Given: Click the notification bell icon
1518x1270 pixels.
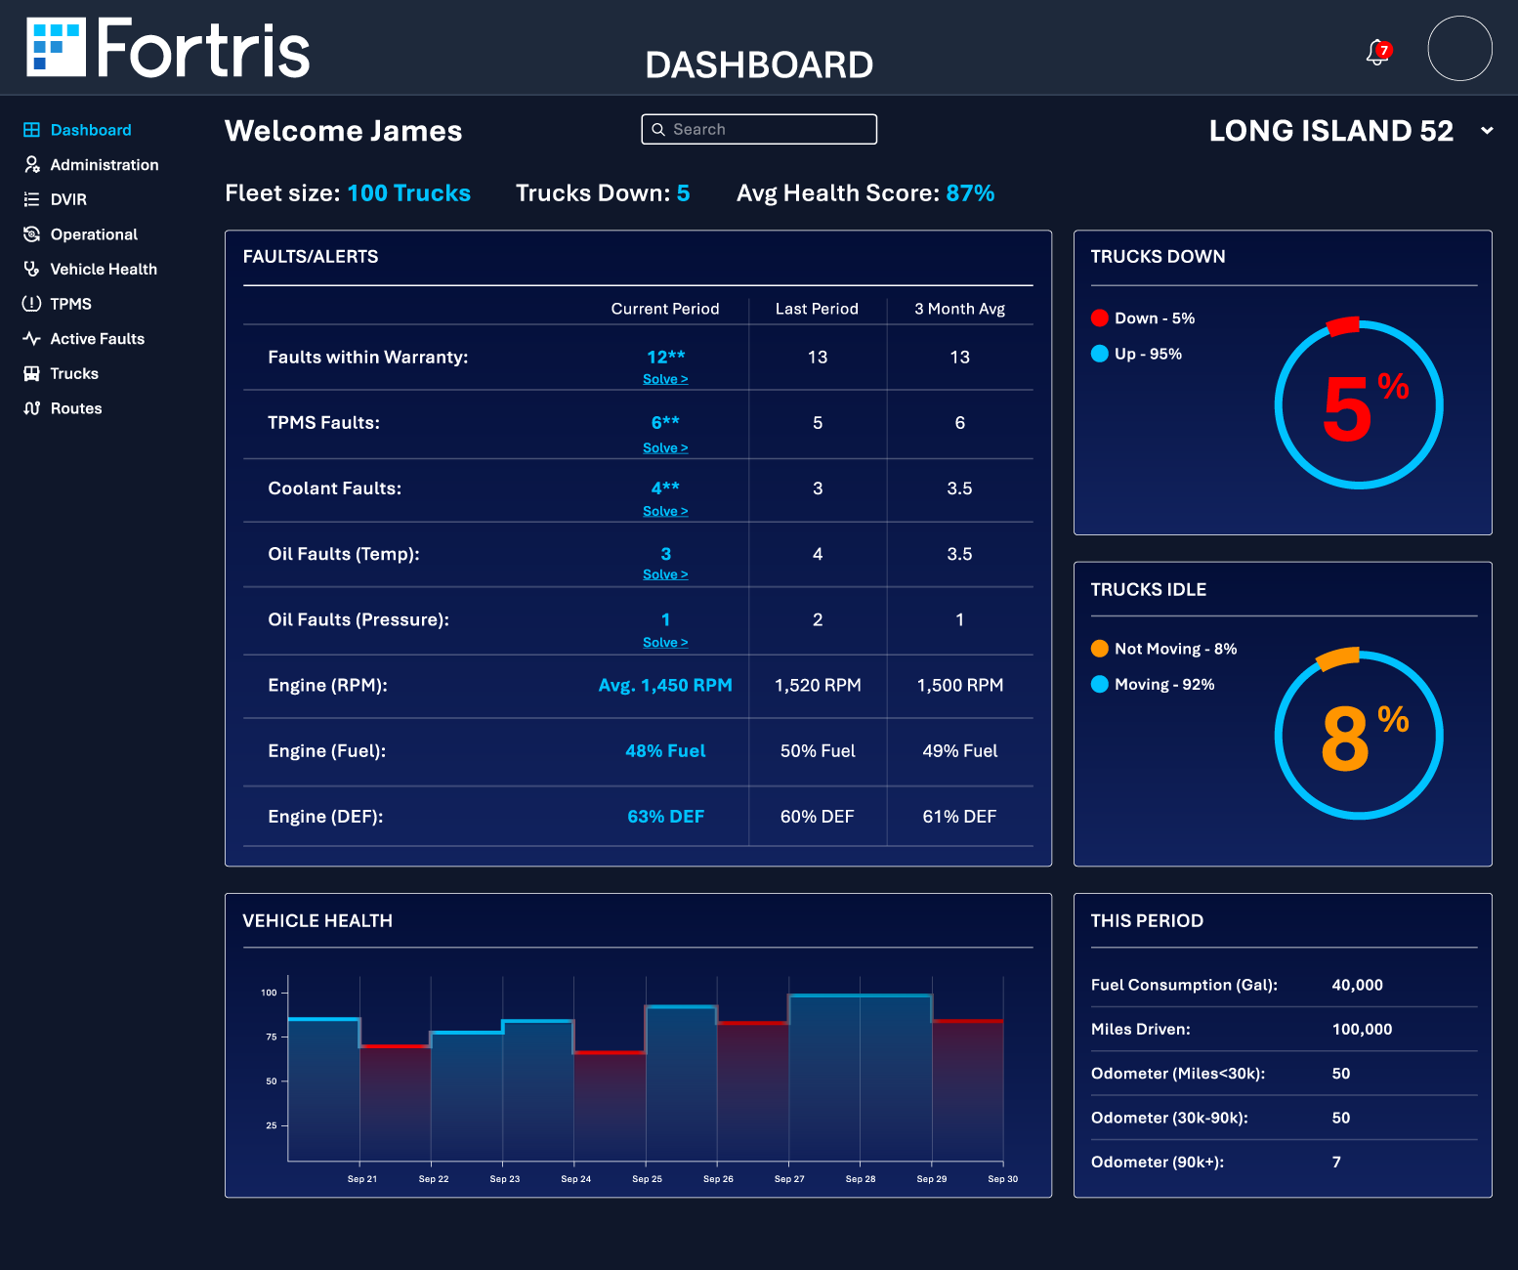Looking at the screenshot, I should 1377,52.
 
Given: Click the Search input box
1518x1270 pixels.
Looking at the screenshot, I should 759,129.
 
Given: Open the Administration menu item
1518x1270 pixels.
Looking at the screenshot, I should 104,165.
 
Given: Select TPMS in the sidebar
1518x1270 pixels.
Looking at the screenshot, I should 70,304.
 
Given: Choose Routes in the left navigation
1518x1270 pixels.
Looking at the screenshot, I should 75,408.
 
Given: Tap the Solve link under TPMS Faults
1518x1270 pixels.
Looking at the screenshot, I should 665,448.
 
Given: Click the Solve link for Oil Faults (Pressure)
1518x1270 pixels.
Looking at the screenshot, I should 665,643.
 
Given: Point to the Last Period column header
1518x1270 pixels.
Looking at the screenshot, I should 817,309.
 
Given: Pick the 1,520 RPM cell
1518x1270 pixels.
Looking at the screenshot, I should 818,686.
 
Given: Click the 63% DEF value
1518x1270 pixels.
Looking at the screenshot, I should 665,817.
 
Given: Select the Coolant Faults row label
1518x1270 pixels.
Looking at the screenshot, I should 334,488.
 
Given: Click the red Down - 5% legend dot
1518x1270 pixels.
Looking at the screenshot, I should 1100,318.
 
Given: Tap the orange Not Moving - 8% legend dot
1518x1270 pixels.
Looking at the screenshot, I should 1100,649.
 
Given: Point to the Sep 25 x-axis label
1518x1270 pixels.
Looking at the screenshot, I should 647,1179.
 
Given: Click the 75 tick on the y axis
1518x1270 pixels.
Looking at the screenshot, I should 272,1037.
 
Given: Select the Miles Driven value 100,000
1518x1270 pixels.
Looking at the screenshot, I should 1362,1030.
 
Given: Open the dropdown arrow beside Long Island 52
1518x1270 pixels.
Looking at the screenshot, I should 1487,131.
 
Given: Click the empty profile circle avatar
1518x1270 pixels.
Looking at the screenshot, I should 1459,48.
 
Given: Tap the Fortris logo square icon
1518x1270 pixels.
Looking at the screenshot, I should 56,47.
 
